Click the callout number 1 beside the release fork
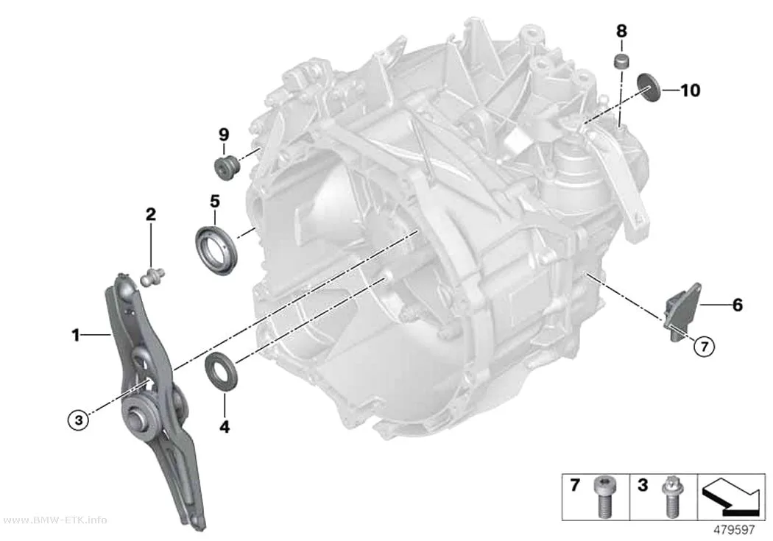pos(75,336)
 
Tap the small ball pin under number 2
pos(152,277)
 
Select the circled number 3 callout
pos(78,420)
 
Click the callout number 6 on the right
pos(737,305)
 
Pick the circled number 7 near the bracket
pos(704,347)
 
